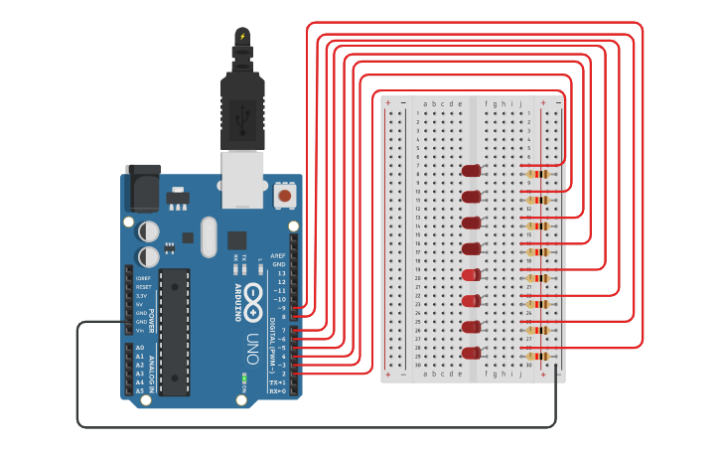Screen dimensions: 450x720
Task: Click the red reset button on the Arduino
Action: tap(285, 196)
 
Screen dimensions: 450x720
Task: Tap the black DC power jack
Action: tap(143, 187)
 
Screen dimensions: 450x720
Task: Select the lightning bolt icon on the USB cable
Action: tap(242, 37)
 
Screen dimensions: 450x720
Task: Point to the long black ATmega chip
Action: tap(174, 331)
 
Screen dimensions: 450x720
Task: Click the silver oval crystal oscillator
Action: tap(208, 236)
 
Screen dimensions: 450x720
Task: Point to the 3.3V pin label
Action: tap(142, 295)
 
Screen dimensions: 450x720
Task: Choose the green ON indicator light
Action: tap(243, 377)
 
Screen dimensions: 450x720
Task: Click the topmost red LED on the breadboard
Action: tap(471, 171)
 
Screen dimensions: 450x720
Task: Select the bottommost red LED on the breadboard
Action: tap(471, 353)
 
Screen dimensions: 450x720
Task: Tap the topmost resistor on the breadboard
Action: tap(536, 175)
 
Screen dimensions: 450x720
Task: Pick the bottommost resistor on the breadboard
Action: tap(536, 356)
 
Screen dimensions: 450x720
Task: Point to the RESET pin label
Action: tap(143, 287)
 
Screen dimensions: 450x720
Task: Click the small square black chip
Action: tap(236, 239)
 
